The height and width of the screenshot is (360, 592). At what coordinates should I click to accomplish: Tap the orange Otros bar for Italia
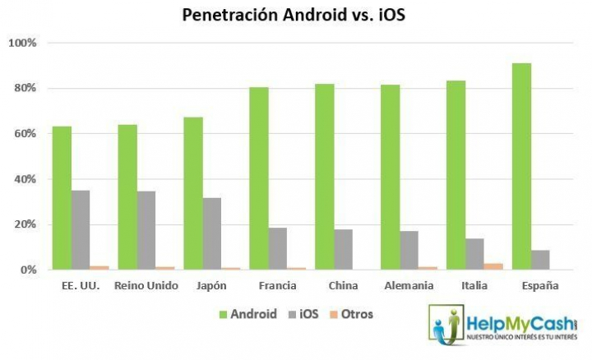tap(493, 266)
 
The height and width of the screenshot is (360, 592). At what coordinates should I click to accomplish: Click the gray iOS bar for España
tap(540, 260)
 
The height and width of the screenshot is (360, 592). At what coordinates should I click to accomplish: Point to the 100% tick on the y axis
tap(22, 43)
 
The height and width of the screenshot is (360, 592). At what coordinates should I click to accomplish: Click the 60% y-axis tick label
tap(25, 134)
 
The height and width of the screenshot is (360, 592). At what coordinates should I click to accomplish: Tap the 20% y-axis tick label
tap(25, 224)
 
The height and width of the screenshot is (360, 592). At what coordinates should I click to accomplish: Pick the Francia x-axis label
tap(277, 285)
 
